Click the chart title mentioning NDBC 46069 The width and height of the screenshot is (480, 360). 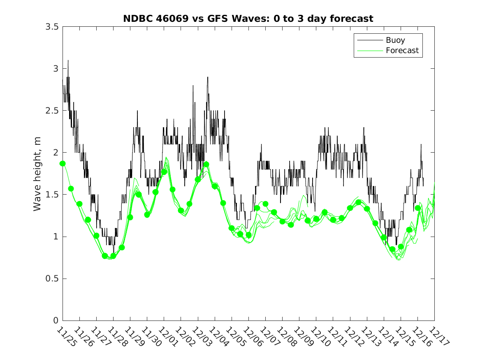pyautogui.click(x=248, y=19)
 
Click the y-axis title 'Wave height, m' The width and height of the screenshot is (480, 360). pyautogui.click(x=37, y=173)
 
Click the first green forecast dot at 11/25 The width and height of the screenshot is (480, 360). pyautogui.click(x=63, y=163)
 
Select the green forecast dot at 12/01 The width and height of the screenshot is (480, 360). pyautogui.click(x=164, y=172)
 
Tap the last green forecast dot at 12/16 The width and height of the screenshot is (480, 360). pyautogui.click(x=418, y=208)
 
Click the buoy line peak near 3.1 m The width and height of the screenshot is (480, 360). pyautogui.click(x=68, y=60)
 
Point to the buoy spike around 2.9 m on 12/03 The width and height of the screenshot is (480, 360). pyautogui.click(x=208, y=77)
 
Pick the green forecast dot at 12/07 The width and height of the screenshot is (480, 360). pyautogui.click(x=266, y=204)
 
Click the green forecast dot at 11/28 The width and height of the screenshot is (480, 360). pyautogui.click(x=113, y=256)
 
